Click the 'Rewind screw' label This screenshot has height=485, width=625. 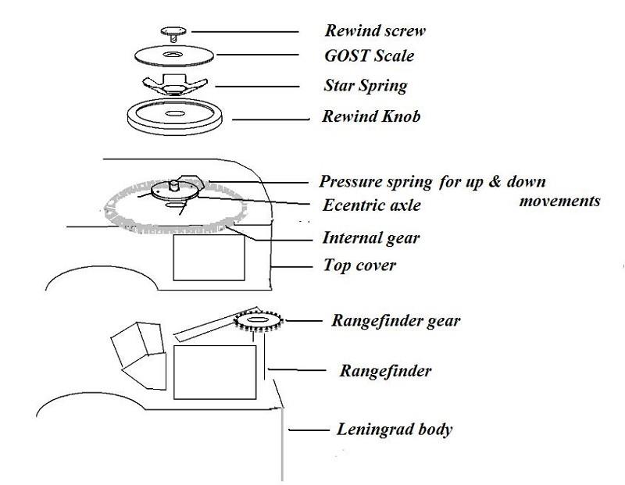[376, 31]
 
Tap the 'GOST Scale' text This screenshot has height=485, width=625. [369, 56]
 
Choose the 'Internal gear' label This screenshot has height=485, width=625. [371, 238]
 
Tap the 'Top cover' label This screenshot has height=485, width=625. [359, 266]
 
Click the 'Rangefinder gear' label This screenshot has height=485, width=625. [396, 321]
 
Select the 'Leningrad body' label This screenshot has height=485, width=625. [395, 430]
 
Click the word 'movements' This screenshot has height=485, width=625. [560, 201]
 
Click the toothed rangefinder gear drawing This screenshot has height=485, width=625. [259, 321]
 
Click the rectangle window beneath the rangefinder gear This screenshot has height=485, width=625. [214, 371]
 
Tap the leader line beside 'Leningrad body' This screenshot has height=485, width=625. [309, 430]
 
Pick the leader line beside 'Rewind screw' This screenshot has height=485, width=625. [246, 31]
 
